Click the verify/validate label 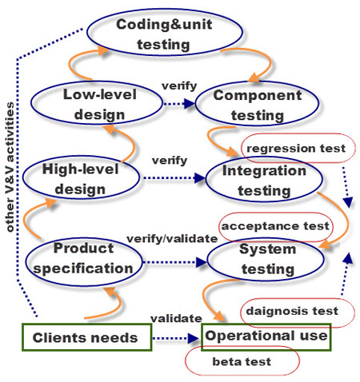pos(172,239)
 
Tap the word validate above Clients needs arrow pos(176,318)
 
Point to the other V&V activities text pos(10,167)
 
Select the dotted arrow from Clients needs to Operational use pos(176,338)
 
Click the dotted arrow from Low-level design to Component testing pos(179,104)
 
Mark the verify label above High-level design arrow pos(170,161)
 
